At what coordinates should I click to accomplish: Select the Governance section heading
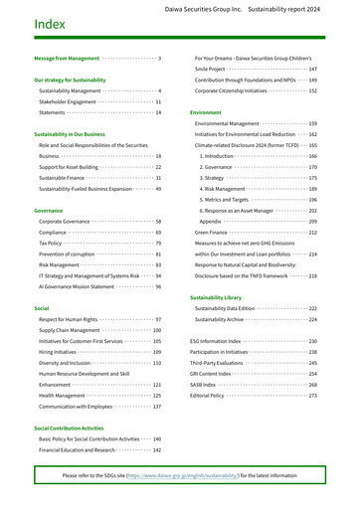(x=49, y=211)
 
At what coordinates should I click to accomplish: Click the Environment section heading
(x=206, y=113)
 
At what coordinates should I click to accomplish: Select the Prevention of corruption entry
(x=67, y=254)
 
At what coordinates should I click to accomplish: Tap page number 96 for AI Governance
(x=157, y=286)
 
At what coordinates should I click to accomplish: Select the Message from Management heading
(x=67, y=59)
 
